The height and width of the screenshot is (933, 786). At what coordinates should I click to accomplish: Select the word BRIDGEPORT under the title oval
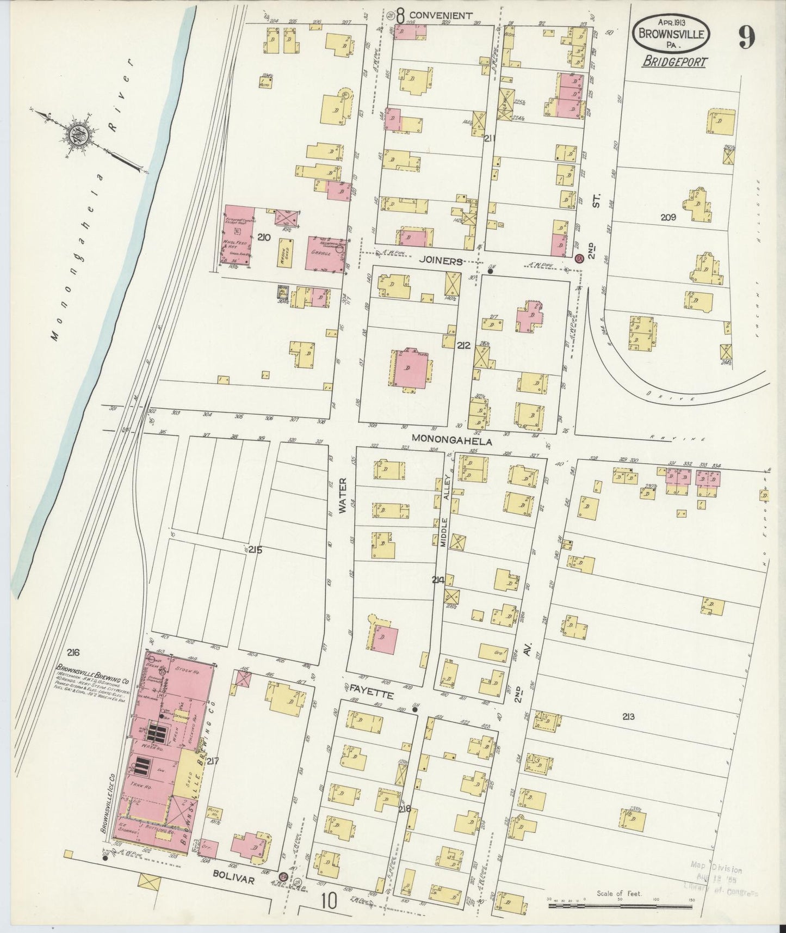pyautogui.click(x=674, y=62)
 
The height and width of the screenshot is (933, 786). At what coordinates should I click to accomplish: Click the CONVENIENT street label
pyautogui.click(x=440, y=15)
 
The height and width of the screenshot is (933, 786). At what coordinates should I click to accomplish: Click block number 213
pyautogui.click(x=629, y=717)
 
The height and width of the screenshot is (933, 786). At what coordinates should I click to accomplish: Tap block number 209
pyautogui.click(x=668, y=217)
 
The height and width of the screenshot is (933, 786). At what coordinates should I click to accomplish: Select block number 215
pyautogui.click(x=256, y=550)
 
